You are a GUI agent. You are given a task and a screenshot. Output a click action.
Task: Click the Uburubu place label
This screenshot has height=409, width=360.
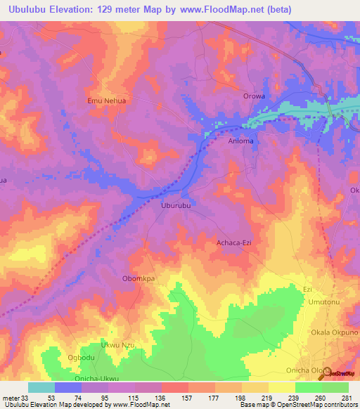tap(176, 206)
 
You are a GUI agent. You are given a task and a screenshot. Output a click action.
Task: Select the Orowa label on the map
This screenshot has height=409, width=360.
tap(254, 96)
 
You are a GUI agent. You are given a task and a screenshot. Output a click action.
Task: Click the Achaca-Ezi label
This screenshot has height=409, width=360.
tap(233, 243)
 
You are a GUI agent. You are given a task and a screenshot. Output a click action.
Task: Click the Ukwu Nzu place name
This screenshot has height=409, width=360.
tap(117, 345)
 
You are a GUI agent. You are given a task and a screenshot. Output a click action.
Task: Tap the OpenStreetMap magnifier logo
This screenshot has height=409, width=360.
tap(326, 375)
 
